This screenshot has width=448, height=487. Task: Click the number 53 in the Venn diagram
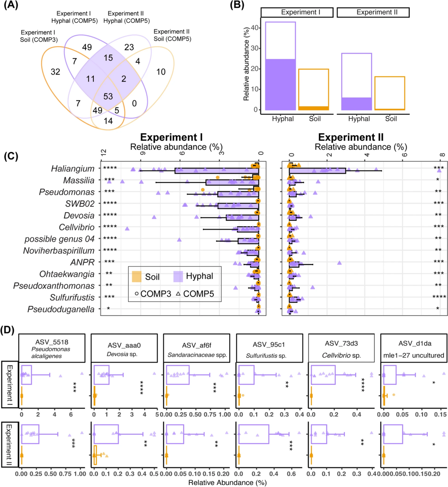(x=108, y=96)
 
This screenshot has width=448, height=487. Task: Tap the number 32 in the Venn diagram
(x=55, y=72)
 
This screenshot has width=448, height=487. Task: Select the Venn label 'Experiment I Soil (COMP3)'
(x=39, y=36)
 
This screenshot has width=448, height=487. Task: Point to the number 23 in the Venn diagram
(x=129, y=47)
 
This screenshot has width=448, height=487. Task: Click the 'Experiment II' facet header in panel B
(x=373, y=12)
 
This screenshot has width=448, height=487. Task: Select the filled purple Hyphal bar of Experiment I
(x=280, y=84)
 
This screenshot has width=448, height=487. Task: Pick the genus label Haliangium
(x=73, y=169)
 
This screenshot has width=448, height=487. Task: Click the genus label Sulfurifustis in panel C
(x=72, y=298)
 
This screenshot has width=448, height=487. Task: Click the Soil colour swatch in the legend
(x=136, y=277)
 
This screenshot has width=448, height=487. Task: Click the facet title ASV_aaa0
(x=124, y=345)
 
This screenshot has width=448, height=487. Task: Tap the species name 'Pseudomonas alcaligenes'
(x=51, y=352)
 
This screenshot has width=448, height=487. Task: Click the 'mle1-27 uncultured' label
(x=414, y=355)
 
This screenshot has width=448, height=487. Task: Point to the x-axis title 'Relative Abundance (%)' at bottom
(x=227, y=482)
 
